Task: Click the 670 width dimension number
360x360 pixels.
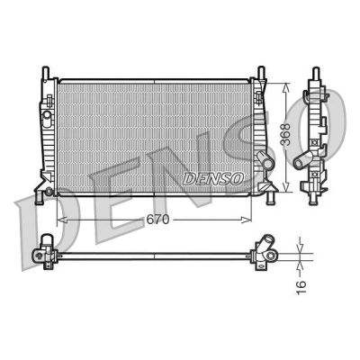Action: (157, 220)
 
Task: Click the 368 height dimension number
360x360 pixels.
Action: (287, 135)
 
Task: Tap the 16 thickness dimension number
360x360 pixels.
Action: (301, 287)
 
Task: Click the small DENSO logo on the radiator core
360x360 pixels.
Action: (213, 179)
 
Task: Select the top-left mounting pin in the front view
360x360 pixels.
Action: (46, 72)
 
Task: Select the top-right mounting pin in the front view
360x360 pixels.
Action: (262, 72)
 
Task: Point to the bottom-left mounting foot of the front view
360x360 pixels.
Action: (40, 198)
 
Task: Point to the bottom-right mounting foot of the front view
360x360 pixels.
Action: (271, 198)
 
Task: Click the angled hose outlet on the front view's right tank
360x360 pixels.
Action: (265, 160)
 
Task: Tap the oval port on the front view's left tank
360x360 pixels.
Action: (47, 118)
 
